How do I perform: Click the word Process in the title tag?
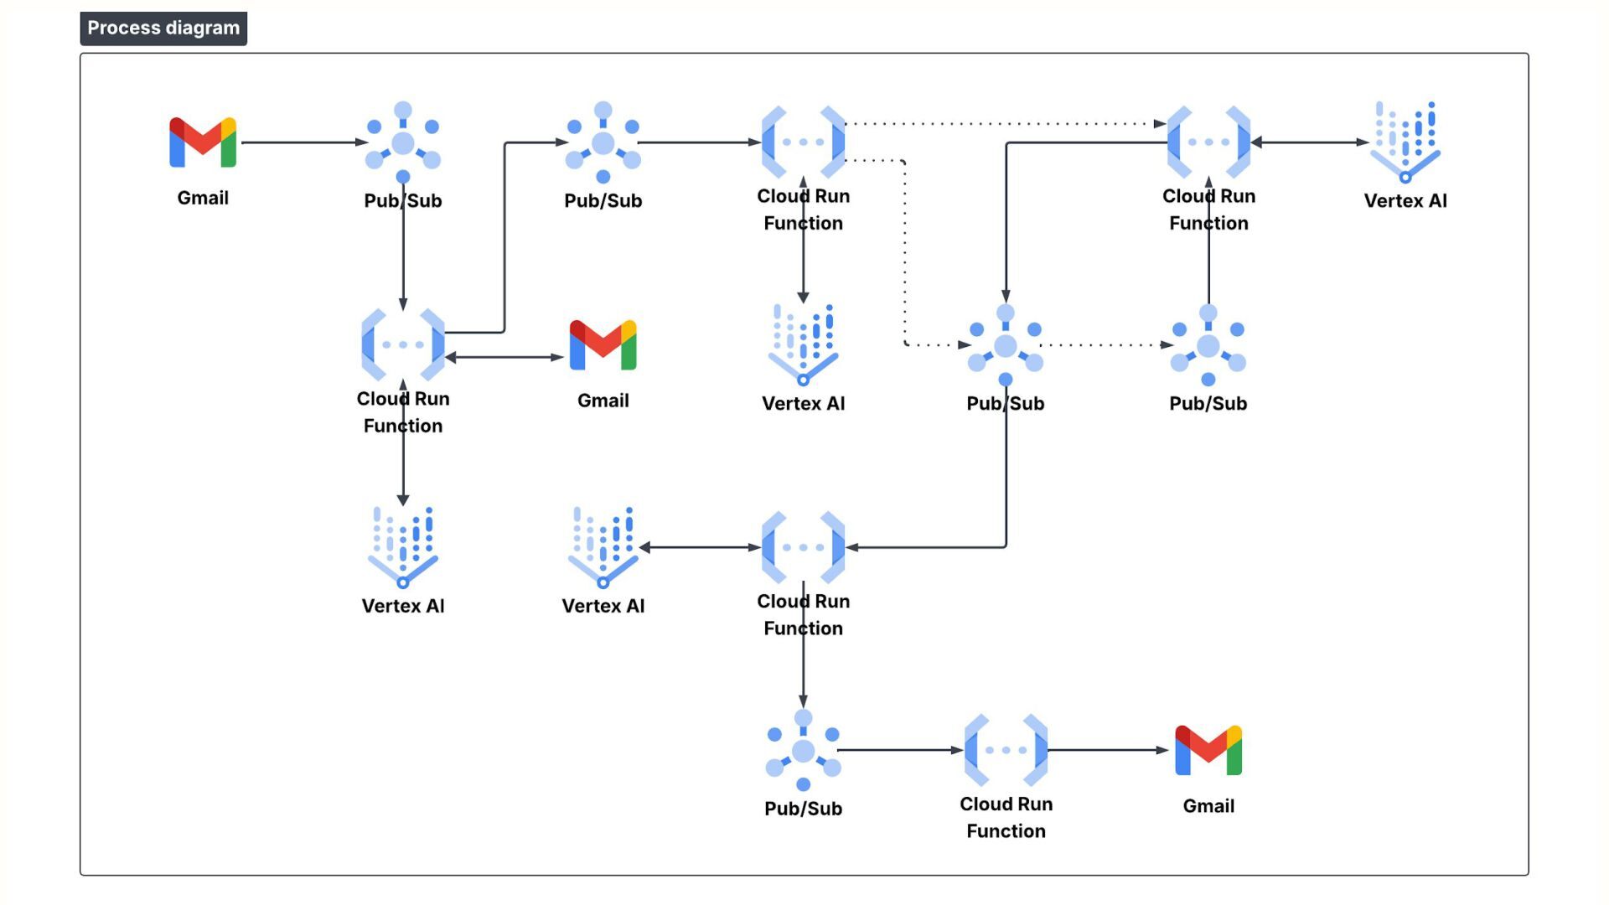(x=124, y=28)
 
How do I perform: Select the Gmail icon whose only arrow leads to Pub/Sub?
(x=203, y=142)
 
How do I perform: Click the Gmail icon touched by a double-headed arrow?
(x=603, y=344)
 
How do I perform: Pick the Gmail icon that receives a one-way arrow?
(x=1208, y=750)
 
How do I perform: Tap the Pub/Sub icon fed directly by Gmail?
(x=403, y=142)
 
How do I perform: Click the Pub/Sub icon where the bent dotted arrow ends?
(x=1005, y=344)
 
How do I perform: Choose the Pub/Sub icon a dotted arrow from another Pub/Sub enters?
(x=1208, y=344)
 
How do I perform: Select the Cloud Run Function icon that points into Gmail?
(x=1006, y=750)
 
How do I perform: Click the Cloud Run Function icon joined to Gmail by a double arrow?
(x=403, y=344)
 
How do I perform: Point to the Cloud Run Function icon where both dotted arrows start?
(x=803, y=142)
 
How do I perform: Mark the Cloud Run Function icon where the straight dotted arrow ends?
(x=1208, y=142)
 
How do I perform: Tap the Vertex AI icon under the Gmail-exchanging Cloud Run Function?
(x=403, y=547)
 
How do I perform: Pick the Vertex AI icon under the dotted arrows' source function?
(x=803, y=344)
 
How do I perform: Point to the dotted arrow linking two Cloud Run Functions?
(x=1006, y=124)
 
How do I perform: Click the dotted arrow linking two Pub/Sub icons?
(x=1106, y=345)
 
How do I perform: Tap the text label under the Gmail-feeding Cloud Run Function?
(x=1006, y=817)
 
